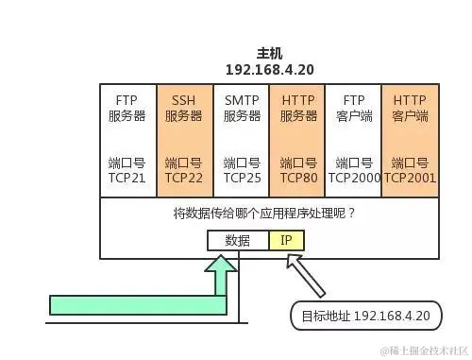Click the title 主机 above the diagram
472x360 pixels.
(x=269, y=54)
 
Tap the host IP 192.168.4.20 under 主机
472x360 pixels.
(x=269, y=70)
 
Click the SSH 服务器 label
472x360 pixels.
(x=184, y=108)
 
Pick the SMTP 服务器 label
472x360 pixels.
(x=241, y=108)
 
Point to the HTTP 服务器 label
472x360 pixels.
(x=297, y=108)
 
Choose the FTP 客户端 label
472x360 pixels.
(x=353, y=108)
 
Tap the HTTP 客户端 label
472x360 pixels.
(x=410, y=108)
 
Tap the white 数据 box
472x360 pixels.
(x=238, y=240)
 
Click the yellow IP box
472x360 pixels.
(x=286, y=240)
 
